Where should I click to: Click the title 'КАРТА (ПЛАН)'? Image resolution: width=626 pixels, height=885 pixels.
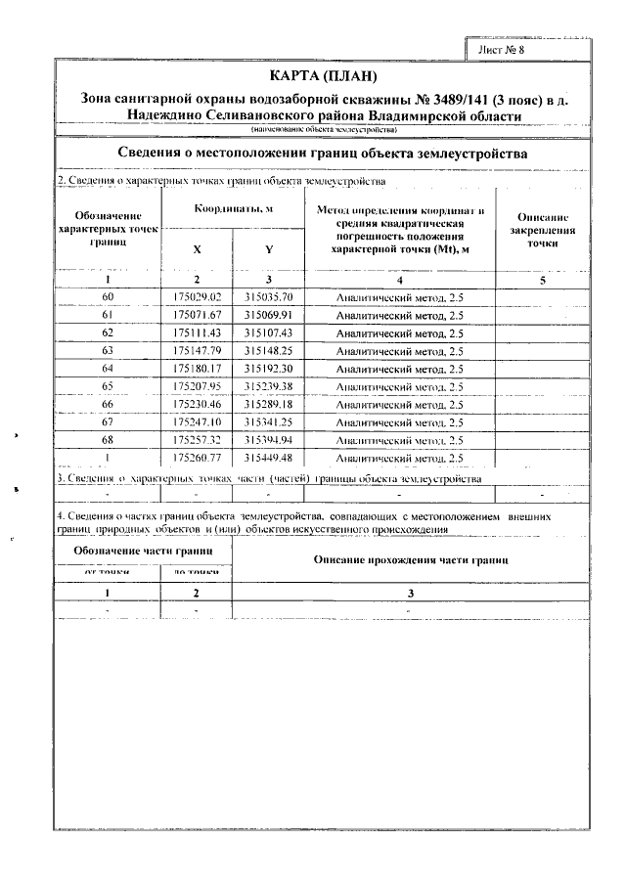pyautogui.click(x=323, y=76)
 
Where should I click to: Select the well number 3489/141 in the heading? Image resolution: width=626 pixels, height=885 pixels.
pyautogui.click(x=437, y=99)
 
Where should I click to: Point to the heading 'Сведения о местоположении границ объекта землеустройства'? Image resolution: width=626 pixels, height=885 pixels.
pyautogui.click(x=323, y=155)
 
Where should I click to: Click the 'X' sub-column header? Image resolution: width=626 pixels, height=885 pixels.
pyautogui.click(x=198, y=249)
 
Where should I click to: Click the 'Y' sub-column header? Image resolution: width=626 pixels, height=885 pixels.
pyautogui.click(x=269, y=249)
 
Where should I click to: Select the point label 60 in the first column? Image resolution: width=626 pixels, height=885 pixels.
pyautogui.click(x=108, y=296)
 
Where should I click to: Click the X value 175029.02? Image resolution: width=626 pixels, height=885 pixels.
pyautogui.click(x=198, y=296)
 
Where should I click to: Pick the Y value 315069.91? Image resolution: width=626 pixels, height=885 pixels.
pyautogui.click(x=269, y=315)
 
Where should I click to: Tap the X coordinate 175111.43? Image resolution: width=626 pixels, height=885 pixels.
pyautogui.click(x=198, y=332)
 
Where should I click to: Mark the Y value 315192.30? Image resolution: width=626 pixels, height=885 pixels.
pyautogui.click(x=269, y=369)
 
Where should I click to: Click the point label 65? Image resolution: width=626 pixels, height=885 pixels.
pyautogui.click(x=108, y=386)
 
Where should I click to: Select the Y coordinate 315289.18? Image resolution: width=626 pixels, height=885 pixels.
pyautogui.click(x=269, y=404)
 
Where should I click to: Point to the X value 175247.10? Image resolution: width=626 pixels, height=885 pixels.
pyautogui.click(x=198, y=421)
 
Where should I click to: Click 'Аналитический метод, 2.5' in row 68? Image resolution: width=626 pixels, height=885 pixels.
pyautogui.click(x=399, y=440)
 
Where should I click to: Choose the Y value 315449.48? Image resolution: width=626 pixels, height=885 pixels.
pyautogui.click(x=269, y=458)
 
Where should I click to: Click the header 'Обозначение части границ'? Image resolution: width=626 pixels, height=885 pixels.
pyautogui.click(x=144, y=551)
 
